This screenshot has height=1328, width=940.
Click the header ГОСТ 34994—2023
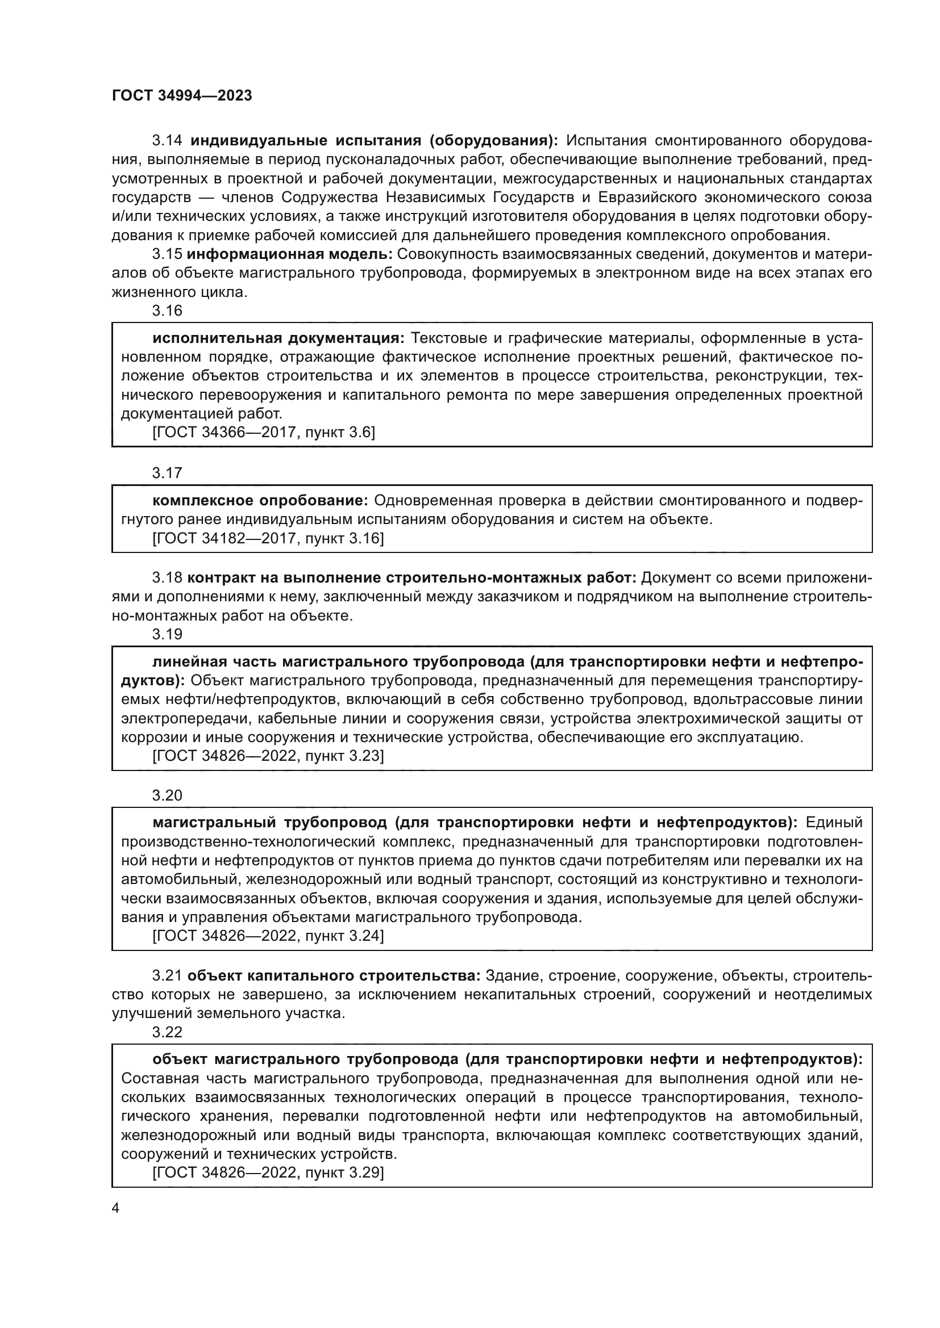[182, 96]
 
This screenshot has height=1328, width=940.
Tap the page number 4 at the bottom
[115, 1208]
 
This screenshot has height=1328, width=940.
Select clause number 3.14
[167, 141]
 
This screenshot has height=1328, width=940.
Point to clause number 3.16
[167, 311]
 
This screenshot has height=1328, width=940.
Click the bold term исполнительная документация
[279, 338]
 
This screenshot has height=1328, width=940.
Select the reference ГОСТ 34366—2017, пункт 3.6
[263, 433]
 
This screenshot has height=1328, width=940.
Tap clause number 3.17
[167, 473]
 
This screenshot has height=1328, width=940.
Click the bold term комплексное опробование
[260, 500]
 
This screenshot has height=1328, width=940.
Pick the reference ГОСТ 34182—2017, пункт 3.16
[268, 538]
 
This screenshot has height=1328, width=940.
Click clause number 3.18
[167, 578]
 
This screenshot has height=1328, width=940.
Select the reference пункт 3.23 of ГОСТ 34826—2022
[268, 756]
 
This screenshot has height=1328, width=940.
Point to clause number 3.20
[167, 796]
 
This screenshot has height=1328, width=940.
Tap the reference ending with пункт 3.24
[268, 936]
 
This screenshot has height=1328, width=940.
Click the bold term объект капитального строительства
[334, 976]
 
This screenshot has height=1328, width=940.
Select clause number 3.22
[167, 1032]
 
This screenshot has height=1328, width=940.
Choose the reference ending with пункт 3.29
[268, 1173]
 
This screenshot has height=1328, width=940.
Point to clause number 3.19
[167, 635]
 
